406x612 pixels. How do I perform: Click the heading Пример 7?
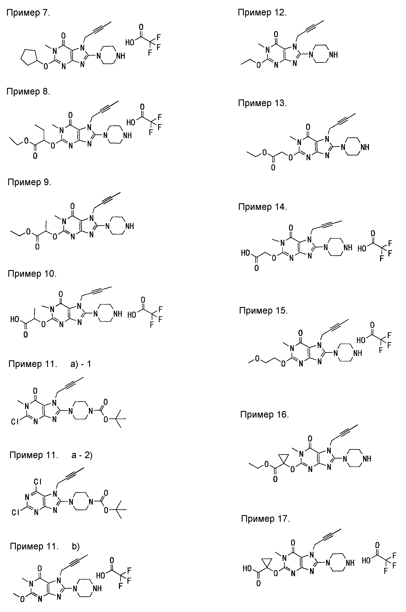28,13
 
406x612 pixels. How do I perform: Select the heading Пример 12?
262,13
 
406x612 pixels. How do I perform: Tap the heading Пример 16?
264,415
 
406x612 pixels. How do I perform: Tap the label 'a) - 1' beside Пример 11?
81,364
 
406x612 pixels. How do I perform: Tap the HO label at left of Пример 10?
15,319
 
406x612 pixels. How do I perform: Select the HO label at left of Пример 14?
246,253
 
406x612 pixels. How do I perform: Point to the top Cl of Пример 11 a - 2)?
37,481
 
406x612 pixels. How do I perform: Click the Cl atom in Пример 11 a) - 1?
15,422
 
